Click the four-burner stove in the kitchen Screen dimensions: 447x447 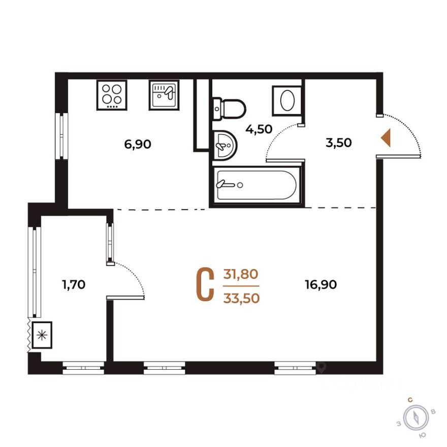[x=111, y=95]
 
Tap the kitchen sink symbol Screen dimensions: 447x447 [x=164, y=95]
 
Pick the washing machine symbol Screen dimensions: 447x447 [x=286, y=100]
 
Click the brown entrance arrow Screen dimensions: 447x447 [x=386, y=138]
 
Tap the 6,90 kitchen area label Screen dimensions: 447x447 [x=138, y=144]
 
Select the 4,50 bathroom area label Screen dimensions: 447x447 [x=259, y=129]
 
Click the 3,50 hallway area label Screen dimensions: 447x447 [x=338, y=143]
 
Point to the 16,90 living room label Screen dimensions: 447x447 [x=321, y=284]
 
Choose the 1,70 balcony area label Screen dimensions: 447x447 [x=73, y=284]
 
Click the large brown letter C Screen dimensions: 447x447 [x=205, y=285]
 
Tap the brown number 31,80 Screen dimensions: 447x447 [x=241, y=274]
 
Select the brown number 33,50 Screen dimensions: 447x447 [x=241, y=298]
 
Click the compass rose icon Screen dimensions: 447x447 [x=416, y=418]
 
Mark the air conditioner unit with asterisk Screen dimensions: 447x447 [x=42, y=335]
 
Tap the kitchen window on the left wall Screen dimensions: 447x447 [x=62, y=136]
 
